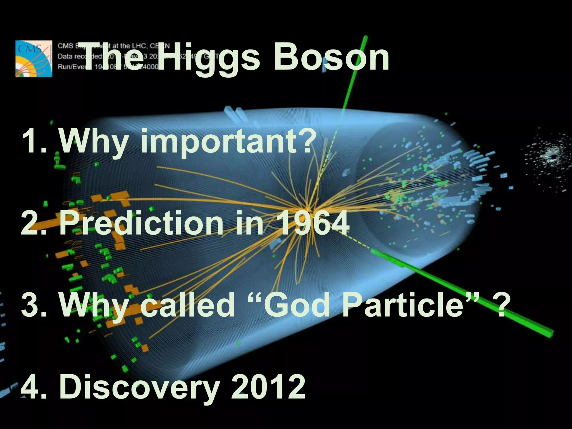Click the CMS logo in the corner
coord(34,58)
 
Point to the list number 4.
coord(32,387)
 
